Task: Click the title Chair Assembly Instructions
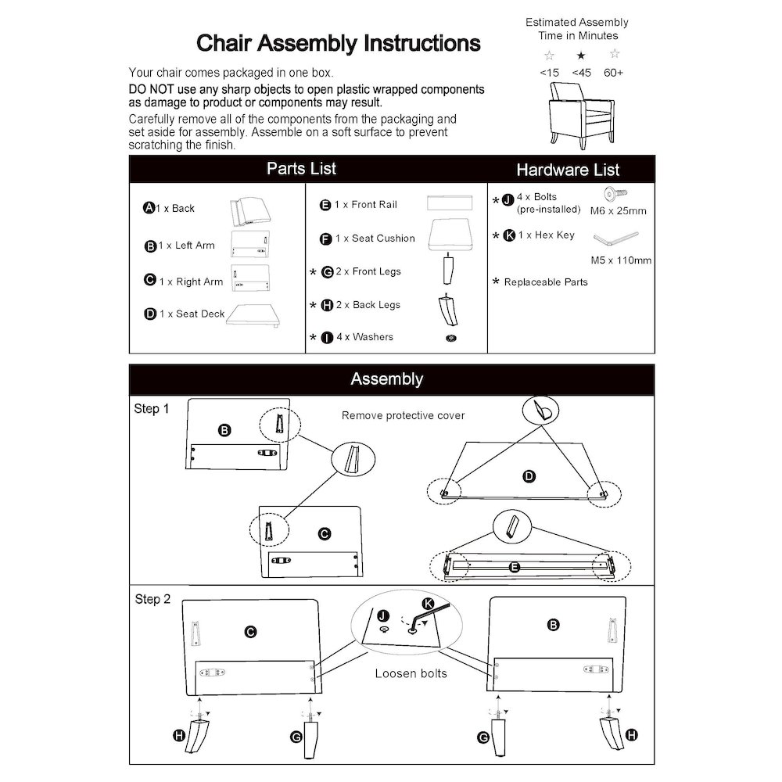point(338,42)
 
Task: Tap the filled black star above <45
point(581,56)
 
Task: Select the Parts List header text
point(301,169)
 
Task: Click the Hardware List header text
point(568,170)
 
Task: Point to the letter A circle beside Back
point(149,208)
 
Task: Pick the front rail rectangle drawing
point(451,203)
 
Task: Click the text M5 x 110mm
point(620,260)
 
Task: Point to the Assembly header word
point(386,379)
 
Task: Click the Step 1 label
point(151,409)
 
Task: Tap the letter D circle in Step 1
point(529,475)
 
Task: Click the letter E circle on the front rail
point(515,568)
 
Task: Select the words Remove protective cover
point(403,415)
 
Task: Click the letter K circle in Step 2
point(428,603)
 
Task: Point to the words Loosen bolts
point(411,673)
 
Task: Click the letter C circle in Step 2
point(251,632)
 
